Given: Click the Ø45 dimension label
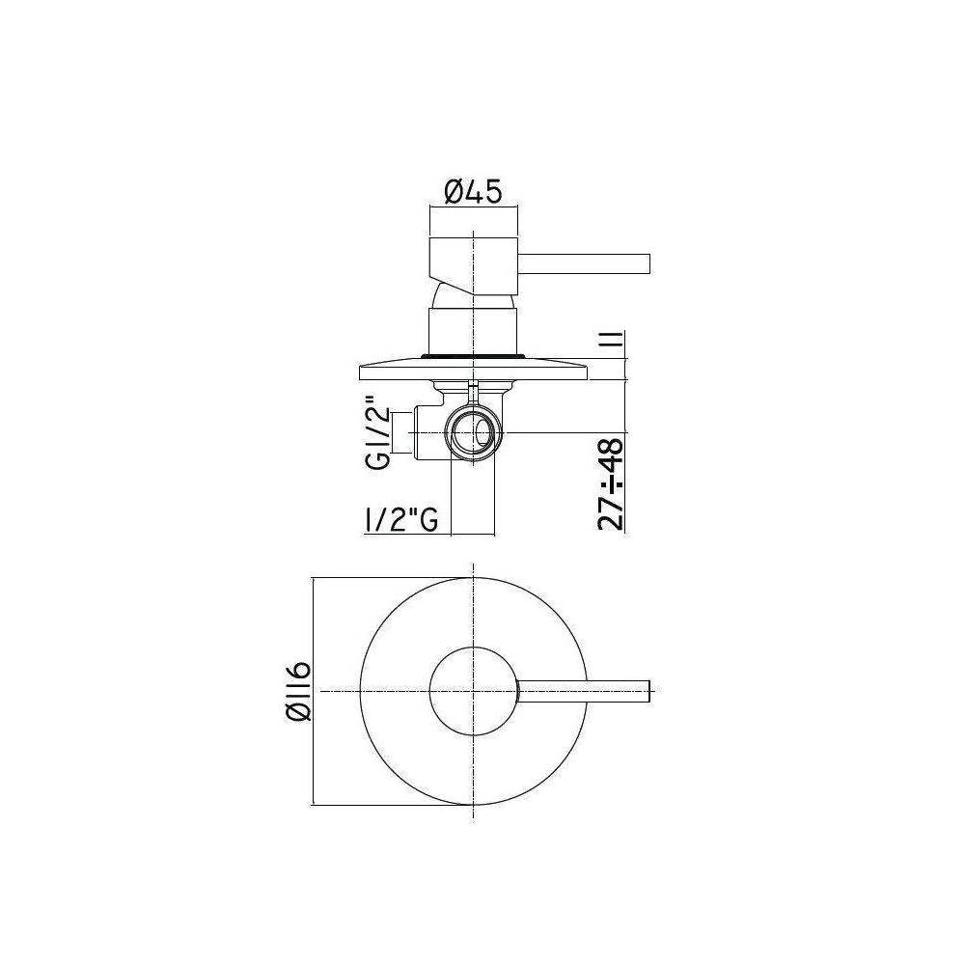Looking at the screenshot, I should point(473,193).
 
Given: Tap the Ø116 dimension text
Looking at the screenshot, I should point(297,690).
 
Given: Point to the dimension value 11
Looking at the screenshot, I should point(612,343).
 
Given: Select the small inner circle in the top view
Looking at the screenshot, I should point(473,691).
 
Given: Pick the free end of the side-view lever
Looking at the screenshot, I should point(650,263).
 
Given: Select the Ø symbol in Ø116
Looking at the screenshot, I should point(297,714).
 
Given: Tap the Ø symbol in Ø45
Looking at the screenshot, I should point(455,193).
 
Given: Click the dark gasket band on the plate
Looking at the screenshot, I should point(473,358).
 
